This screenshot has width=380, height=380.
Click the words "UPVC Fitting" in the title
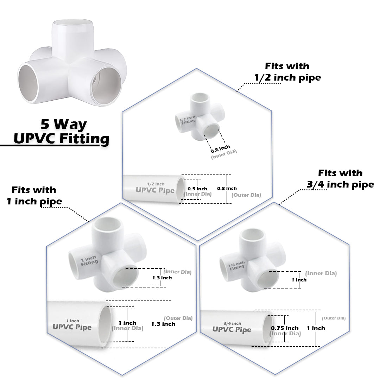pyautogui.click(x=61, y=138)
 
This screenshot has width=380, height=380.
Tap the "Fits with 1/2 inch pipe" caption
pyautogui.click(x=287, y=71)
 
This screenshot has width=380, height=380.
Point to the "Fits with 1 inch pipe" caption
pyautogui.click(x=34, y=196)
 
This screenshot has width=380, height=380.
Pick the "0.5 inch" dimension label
pyautogui.click(x=197, y=189)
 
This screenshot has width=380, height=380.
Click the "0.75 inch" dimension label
pyautogui.click(x=285, y=328)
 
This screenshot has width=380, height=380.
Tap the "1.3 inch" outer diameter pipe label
pyautogui.click(x=163, y=324)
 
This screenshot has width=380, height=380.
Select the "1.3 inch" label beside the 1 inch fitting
pyautogui.click(x=162, y=278)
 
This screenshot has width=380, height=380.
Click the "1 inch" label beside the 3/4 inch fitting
pyautogui.click(x=299, y=280)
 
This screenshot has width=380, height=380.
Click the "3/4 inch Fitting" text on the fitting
pyautogui.click(x=236, y=265)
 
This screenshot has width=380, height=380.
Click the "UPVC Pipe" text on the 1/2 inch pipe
pyautogui.click(x=155, y=190)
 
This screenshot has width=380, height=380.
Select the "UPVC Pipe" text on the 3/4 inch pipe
pyautogui.click(x=232, y=330)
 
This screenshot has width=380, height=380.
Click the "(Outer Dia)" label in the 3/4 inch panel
pyautogui.click(x=334, y=318)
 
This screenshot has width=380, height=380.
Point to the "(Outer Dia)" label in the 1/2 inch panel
pyautogui.click(x=246, y=195)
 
